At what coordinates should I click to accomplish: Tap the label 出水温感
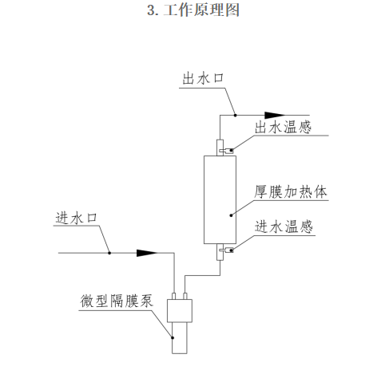(x=284, y=127)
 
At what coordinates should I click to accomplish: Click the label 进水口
(x=77, y=218)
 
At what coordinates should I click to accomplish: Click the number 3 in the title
(x=151, y=11)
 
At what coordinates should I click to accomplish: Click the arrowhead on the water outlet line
(x=271, y=114)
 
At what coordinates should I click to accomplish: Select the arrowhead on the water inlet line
(x=145, y=253)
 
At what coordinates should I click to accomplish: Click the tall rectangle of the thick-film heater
(x=220, y=199)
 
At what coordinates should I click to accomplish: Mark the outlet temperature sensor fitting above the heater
(x=220, y=148)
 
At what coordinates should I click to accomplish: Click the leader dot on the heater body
(x=232, y=214)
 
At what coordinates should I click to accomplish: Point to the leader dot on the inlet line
(x=109, y=253)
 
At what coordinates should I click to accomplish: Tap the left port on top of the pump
(x=173, y=296)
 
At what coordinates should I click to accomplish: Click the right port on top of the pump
(x=186, y=296)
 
